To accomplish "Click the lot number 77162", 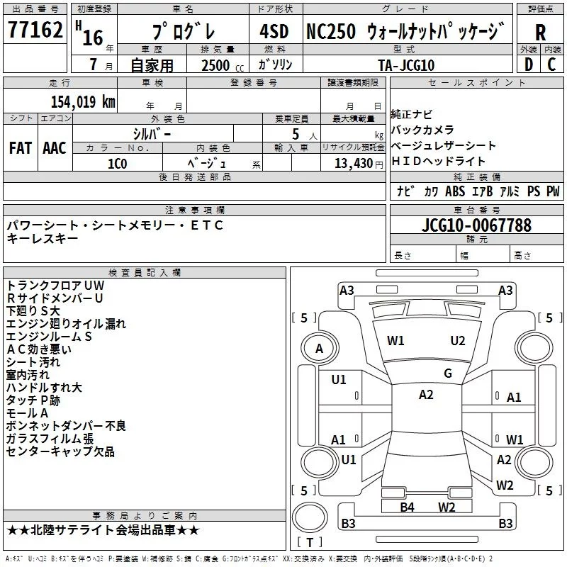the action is coord(35,30).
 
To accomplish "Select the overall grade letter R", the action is coord(540,33).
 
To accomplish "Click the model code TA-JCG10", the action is coord(406,64).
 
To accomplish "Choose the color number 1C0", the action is coord(117,162).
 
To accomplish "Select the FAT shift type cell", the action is coord(21,148).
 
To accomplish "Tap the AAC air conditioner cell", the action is coord(55,148).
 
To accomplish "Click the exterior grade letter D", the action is coord(528,64).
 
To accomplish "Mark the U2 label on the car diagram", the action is coord(458,340).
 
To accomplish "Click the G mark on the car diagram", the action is coord(448,374).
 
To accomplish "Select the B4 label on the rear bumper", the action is coord(407,507).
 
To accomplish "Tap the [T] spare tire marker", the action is coord(310,542).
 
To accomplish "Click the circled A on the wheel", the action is coord(319,348).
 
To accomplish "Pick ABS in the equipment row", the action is coord(455,191).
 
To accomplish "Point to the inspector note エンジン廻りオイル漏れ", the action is coord(66,324).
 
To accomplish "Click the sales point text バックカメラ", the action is coord(422,130).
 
